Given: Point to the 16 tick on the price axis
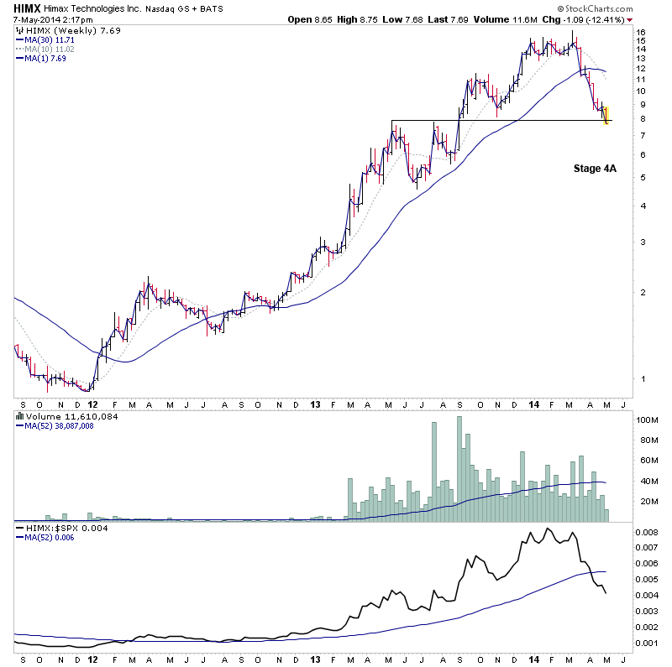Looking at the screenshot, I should pos(640,33).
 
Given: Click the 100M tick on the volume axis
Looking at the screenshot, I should pos(645,419).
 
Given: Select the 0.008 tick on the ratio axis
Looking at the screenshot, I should pos(647,532).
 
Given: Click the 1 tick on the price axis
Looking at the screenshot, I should pos(640,378).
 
